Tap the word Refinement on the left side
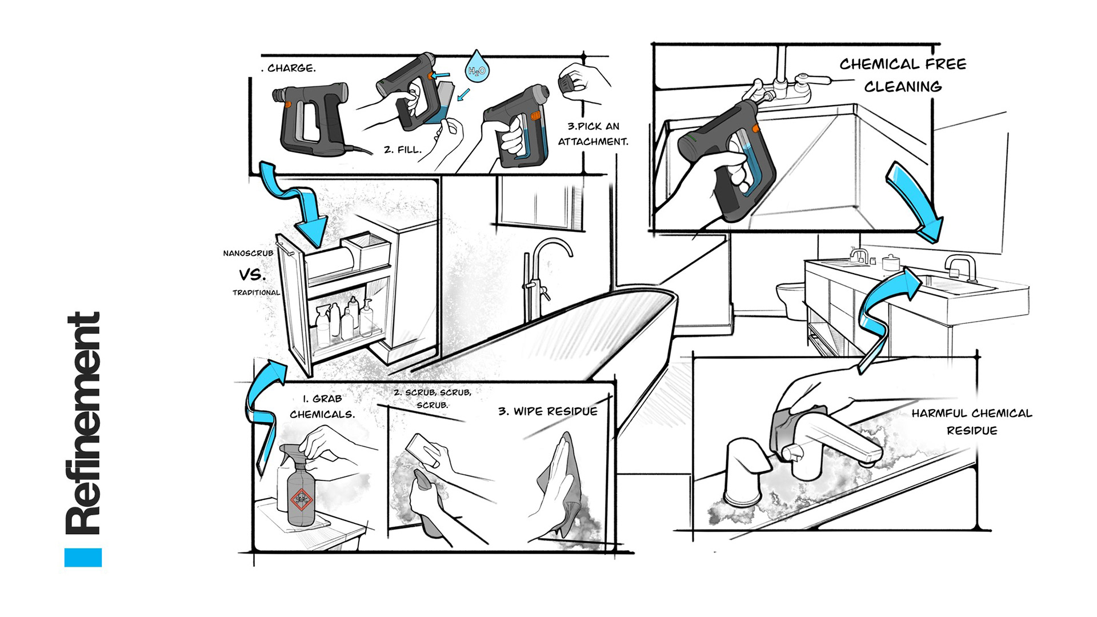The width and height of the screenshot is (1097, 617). tap(84, 423)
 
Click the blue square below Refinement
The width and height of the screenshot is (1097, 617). tap(83, 557)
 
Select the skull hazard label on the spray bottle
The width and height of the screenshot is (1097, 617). tap(301, 499)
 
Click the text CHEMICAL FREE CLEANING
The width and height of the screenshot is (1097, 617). tap(903, 75)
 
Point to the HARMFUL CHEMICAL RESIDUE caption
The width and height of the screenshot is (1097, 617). tap(971, 422)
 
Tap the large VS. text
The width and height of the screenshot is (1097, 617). tap(252, 275)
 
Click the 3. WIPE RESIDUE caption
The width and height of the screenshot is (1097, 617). tap(547, 411)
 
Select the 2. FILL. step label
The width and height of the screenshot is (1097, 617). tap(402, 150)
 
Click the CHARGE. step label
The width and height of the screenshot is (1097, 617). tap(290, 68)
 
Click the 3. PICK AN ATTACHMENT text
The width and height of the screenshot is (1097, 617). tap(593, 134)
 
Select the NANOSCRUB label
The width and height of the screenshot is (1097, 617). tap(248, 253)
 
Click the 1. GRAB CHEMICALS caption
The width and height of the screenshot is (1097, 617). tap(322, 406)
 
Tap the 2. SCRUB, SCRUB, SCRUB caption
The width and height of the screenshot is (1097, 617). tap(433, 398)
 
